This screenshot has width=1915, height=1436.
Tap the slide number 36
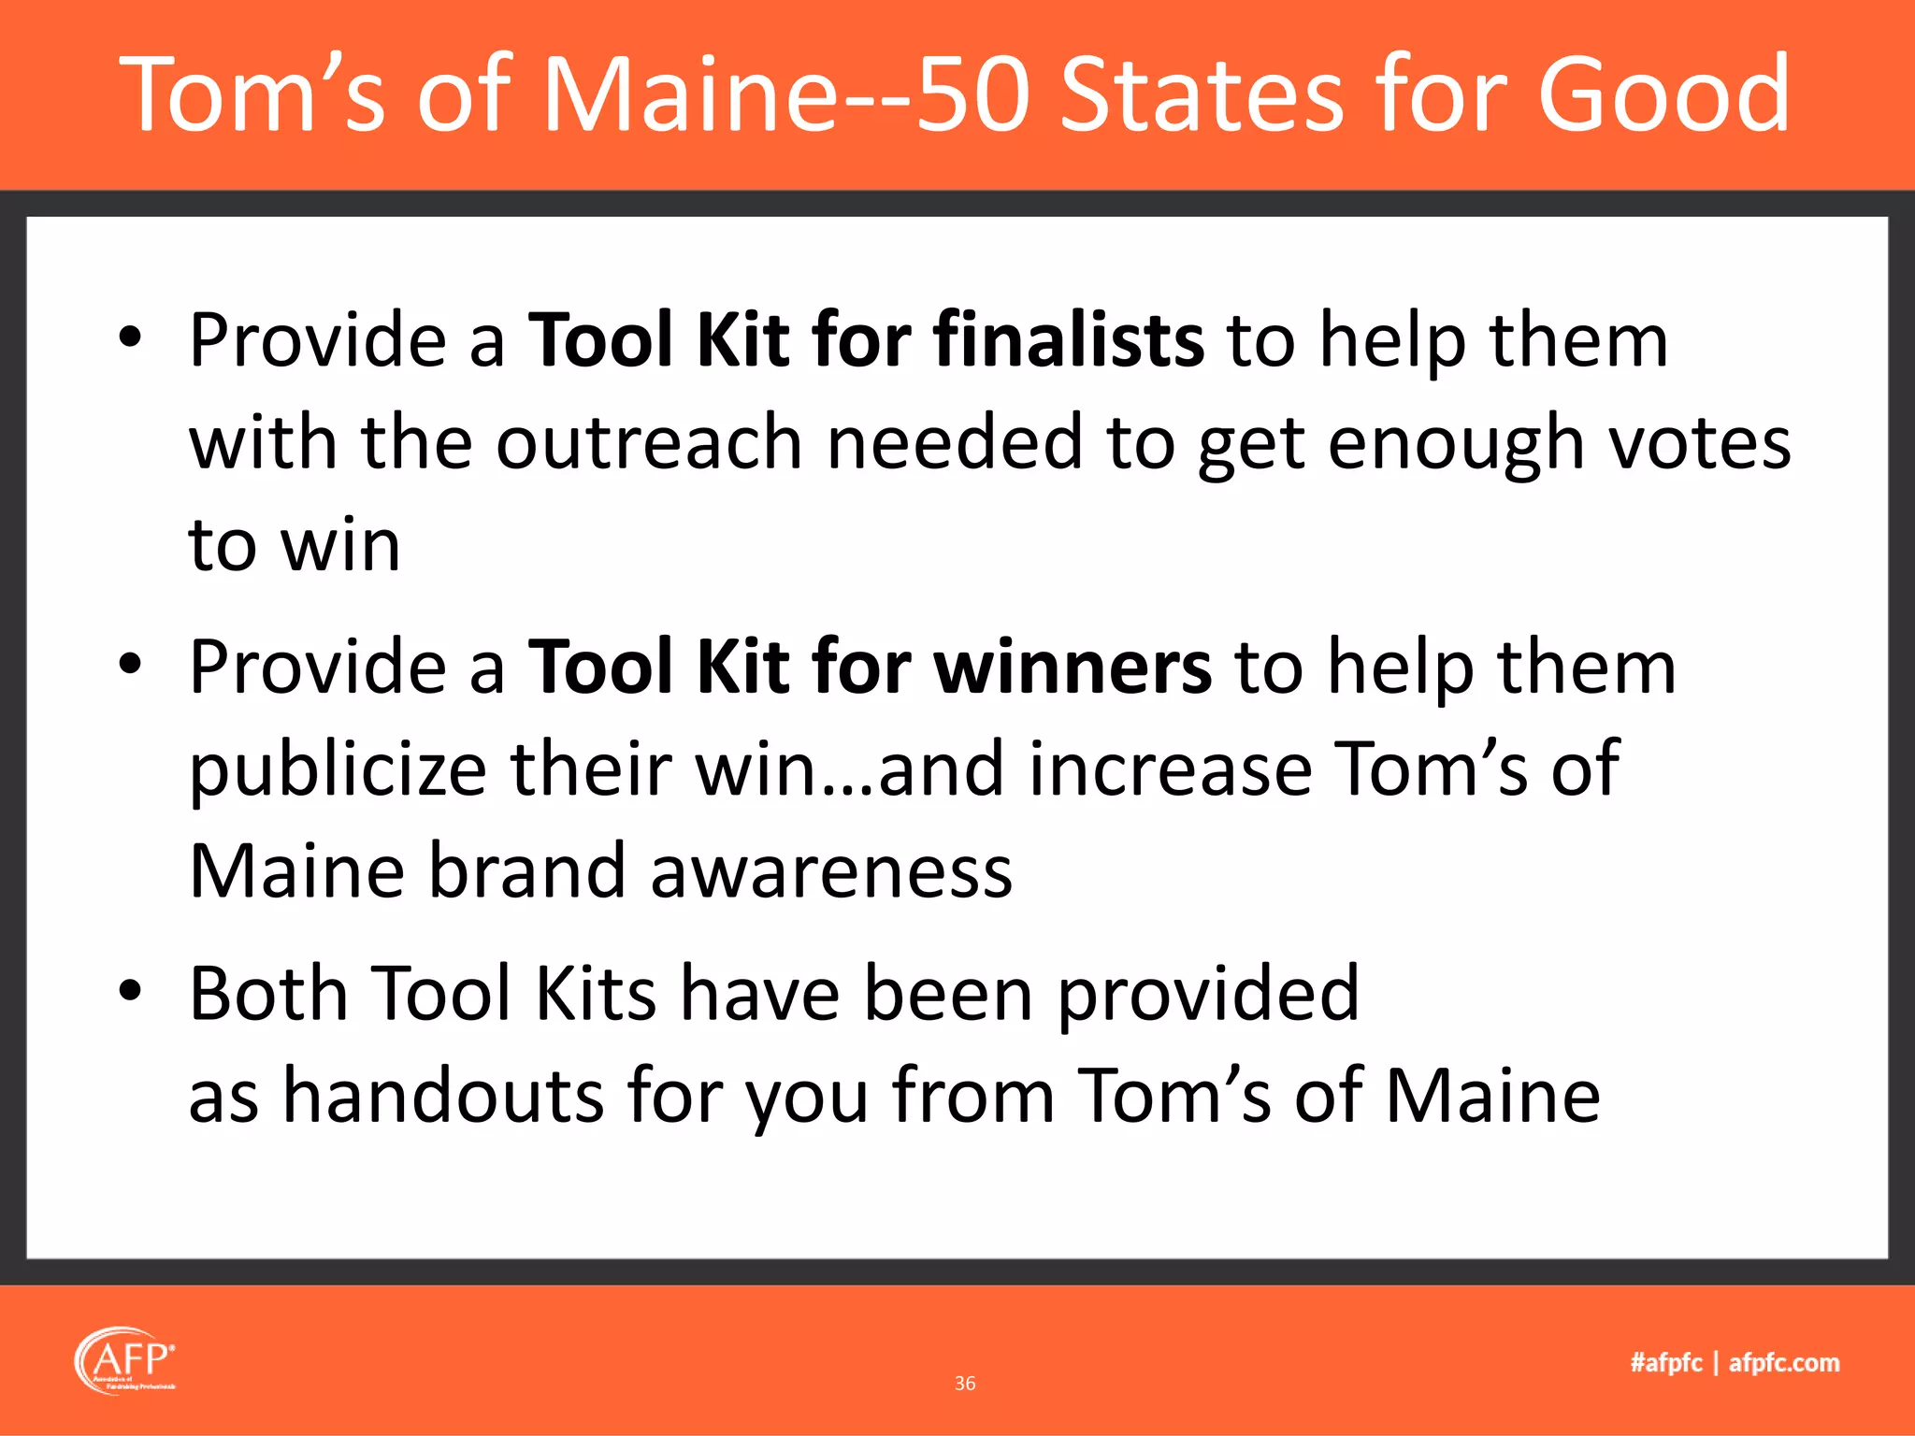coord(965,1384)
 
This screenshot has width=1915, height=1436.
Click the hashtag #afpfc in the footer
coord(1665,1363)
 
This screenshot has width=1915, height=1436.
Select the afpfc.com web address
coord(1784,1363)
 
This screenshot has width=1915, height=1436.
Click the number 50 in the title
coord(972,93)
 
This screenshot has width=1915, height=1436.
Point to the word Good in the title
coord(1663,93)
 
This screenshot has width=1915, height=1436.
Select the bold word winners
coord(1073,667)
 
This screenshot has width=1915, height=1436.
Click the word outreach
coord(649,442)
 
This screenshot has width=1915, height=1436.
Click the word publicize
coord(338,769)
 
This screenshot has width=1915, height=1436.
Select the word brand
coord(526,871)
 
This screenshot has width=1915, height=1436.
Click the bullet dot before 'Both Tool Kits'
coord(130,990)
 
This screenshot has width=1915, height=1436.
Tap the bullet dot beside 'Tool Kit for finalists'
coord(130,337)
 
